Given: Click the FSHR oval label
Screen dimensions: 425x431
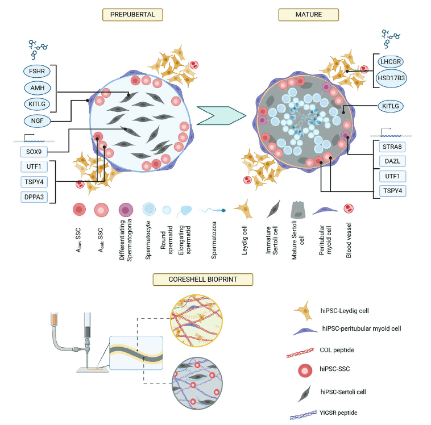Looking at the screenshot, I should tap(38, 72).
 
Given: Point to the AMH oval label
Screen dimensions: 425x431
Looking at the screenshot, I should tap(38, 88).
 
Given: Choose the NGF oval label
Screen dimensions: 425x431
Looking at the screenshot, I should tap(38, 120).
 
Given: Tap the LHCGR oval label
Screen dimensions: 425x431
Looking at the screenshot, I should tap(393, 62).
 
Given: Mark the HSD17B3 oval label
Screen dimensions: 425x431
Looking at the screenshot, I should tap(393, 78).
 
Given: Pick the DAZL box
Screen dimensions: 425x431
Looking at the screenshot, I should tap(393, 161).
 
